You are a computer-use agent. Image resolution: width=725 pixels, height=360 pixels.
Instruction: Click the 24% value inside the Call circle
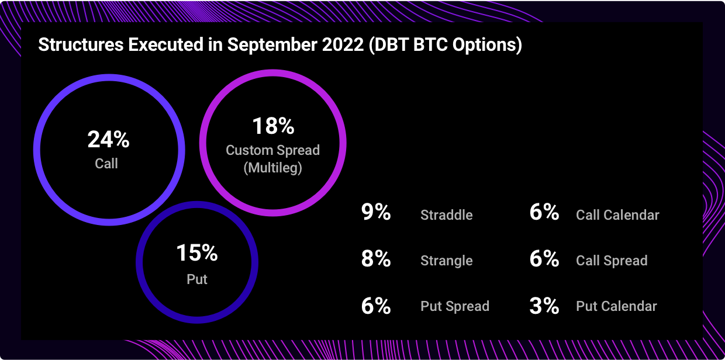(x=108, y=140)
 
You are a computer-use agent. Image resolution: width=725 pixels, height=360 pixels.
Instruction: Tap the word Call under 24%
(x=106, y=163)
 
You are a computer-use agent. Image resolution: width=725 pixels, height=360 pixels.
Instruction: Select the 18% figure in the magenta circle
(x=273, y=126)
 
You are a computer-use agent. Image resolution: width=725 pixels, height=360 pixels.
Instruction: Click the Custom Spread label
(x=273, y=150)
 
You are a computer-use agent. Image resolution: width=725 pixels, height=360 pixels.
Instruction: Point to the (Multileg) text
(x=273, y=168)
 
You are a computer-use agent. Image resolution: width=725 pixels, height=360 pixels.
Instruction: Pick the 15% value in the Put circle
(x=197, y=252)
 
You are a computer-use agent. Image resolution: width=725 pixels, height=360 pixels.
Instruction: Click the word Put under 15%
(x=197, y=279)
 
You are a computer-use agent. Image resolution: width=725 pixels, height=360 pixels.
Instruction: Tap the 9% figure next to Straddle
(x=376, y=212)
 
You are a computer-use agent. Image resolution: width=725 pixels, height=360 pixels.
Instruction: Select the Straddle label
(x=447, y=215)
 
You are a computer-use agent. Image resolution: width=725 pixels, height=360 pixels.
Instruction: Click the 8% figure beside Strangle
(x=376, y=259)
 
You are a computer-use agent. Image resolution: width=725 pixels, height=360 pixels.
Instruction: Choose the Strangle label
(x=447, y=261)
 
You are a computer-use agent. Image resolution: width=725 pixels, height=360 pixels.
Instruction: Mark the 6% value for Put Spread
(x=376, y=306)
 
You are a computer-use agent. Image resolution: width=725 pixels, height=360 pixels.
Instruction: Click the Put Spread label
(x=455, y=306)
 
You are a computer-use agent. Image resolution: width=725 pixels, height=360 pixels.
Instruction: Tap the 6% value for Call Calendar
(x=544, y=212)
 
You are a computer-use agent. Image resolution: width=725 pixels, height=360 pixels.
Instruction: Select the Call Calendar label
(x=617, y=215)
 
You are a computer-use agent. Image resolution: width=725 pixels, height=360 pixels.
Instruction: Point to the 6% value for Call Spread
(x=544, y=259)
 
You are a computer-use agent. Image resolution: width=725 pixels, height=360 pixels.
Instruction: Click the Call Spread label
(x=612, y=261)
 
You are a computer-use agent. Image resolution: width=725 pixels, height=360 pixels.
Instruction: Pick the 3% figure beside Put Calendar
(x=544, y=306)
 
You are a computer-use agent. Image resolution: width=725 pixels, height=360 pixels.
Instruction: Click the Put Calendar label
(x=617, y=306)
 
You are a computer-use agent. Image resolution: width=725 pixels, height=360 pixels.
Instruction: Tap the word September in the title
(x=272, y=45)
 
